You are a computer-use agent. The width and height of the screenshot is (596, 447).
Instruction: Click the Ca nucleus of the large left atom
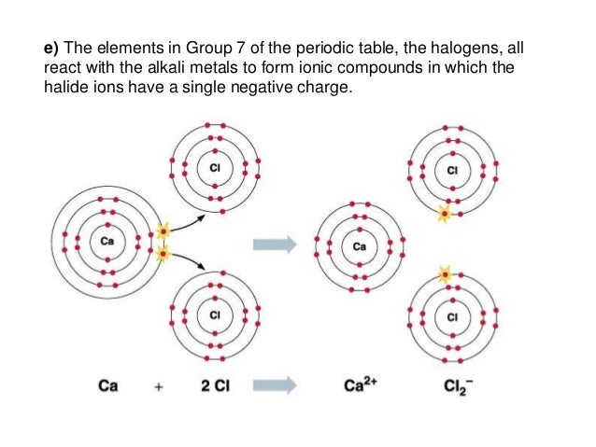tap(106, 243)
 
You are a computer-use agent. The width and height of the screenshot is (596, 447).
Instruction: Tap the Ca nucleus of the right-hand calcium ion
tap(361, 247)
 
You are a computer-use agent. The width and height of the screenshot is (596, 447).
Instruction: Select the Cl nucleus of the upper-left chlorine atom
tap(213, 168)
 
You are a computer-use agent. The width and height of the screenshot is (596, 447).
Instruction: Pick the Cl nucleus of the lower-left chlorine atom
tap(214, 315)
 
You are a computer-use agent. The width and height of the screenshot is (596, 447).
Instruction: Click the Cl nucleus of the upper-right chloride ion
tap(453, 171)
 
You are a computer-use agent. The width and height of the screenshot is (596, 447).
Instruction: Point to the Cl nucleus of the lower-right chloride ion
tap(453, 317)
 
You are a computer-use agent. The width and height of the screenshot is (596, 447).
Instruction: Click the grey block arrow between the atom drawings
tap(276, 244)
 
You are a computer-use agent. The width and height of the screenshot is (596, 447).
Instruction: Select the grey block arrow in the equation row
tap(276, 385)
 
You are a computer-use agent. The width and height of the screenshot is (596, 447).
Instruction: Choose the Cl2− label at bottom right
tap(455, 386)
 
